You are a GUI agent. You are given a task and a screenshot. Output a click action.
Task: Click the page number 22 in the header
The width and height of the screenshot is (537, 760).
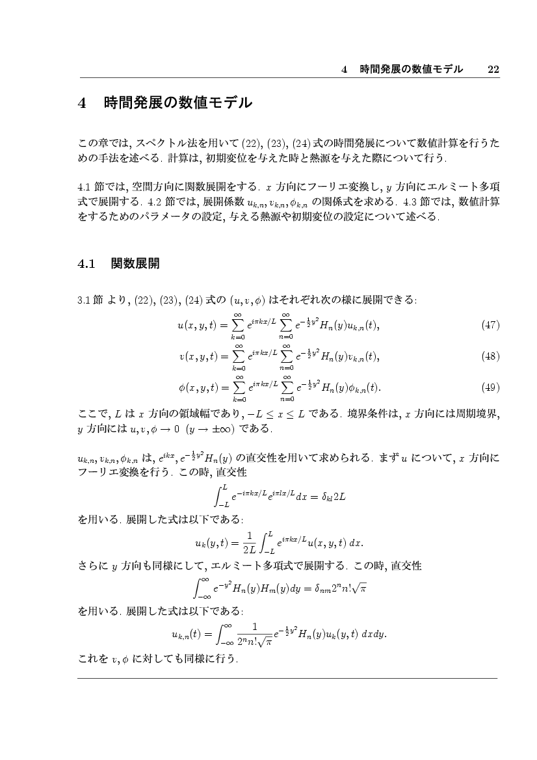pos(493,70)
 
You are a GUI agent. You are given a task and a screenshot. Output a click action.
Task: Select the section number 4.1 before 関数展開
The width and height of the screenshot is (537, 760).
pos(86,264)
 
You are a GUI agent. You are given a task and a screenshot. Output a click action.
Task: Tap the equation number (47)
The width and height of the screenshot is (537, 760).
pos(489,325)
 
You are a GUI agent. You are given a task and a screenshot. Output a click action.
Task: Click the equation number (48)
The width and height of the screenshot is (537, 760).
pos(489,356)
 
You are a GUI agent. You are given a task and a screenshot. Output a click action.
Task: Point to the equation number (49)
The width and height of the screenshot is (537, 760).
pos(489,387)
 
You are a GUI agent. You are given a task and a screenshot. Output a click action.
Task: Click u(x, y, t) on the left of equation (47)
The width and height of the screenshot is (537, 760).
pos(199,325)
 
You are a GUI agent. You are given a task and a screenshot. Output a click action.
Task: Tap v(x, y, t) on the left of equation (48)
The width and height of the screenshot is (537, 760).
pos(199,356)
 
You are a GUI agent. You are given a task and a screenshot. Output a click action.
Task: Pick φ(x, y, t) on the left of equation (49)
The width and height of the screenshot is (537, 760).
pos(199,387)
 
